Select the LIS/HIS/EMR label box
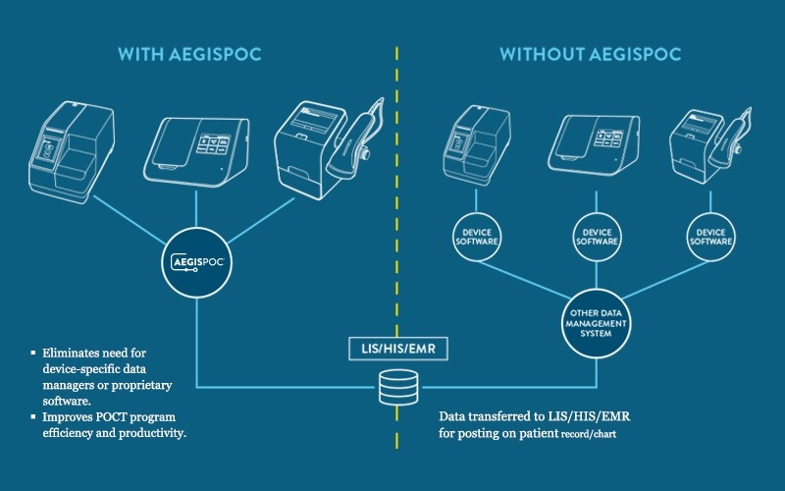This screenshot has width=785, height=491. click(x=392, y=348)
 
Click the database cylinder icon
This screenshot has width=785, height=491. click(x=392, y=391)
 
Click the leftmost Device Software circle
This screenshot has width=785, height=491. click(x=478, y=237)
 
